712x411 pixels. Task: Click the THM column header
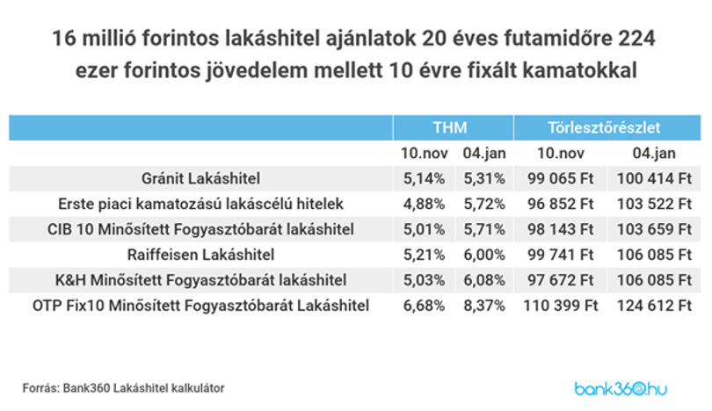(449, 128)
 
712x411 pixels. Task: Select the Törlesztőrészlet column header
(604, 128)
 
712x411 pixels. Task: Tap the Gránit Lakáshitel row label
(200, 179)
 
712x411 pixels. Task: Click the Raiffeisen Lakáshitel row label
(200, 255)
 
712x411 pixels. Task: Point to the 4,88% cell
(424, 204)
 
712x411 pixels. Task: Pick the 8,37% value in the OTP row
(484, 306)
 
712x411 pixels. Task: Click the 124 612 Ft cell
(654, 306)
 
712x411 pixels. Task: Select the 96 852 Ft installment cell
(560, 204)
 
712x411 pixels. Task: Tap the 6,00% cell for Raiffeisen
(484, 255)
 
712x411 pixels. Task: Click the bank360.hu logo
(621, 389)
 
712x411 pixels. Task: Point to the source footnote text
(124, 388)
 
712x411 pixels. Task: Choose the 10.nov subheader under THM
(424, 154)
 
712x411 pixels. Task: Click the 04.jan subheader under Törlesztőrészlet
(654, 154)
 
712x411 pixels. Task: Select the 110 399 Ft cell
(560, 306)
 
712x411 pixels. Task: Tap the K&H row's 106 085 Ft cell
(654, 280)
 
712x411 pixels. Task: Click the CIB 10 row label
(200, 229)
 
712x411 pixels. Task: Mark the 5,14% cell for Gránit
(424, 179)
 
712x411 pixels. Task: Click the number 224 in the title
(636, 39)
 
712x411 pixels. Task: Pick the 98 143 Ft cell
(560, 229)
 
